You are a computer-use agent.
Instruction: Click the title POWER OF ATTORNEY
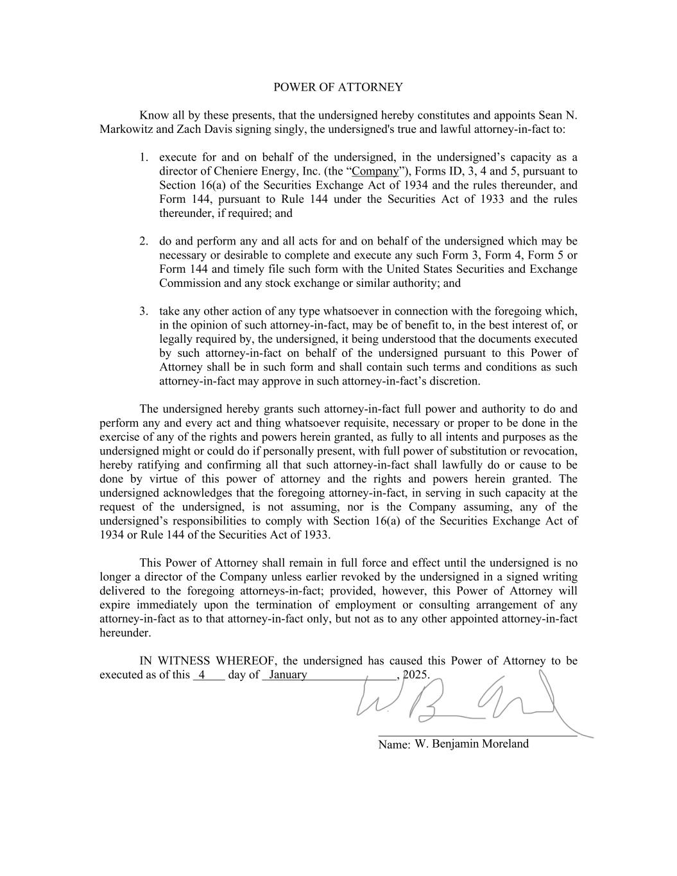click(338, 87)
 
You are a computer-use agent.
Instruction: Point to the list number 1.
click(144, 157)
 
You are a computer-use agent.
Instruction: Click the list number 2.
click(144, 241)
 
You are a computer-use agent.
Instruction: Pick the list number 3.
click(144, 311)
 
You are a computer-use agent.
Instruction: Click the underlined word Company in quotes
click(375, 171)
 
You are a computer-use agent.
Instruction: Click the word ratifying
click(160, 465)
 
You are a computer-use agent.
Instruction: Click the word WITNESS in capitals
click(185, 661)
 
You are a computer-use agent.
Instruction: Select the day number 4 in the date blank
click(201, 675)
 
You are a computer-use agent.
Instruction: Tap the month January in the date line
click(288, 675)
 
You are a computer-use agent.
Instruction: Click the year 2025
click(416, 675)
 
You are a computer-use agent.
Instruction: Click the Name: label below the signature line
click(394, 745)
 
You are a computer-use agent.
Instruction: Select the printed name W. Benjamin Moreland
click(472, 744)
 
